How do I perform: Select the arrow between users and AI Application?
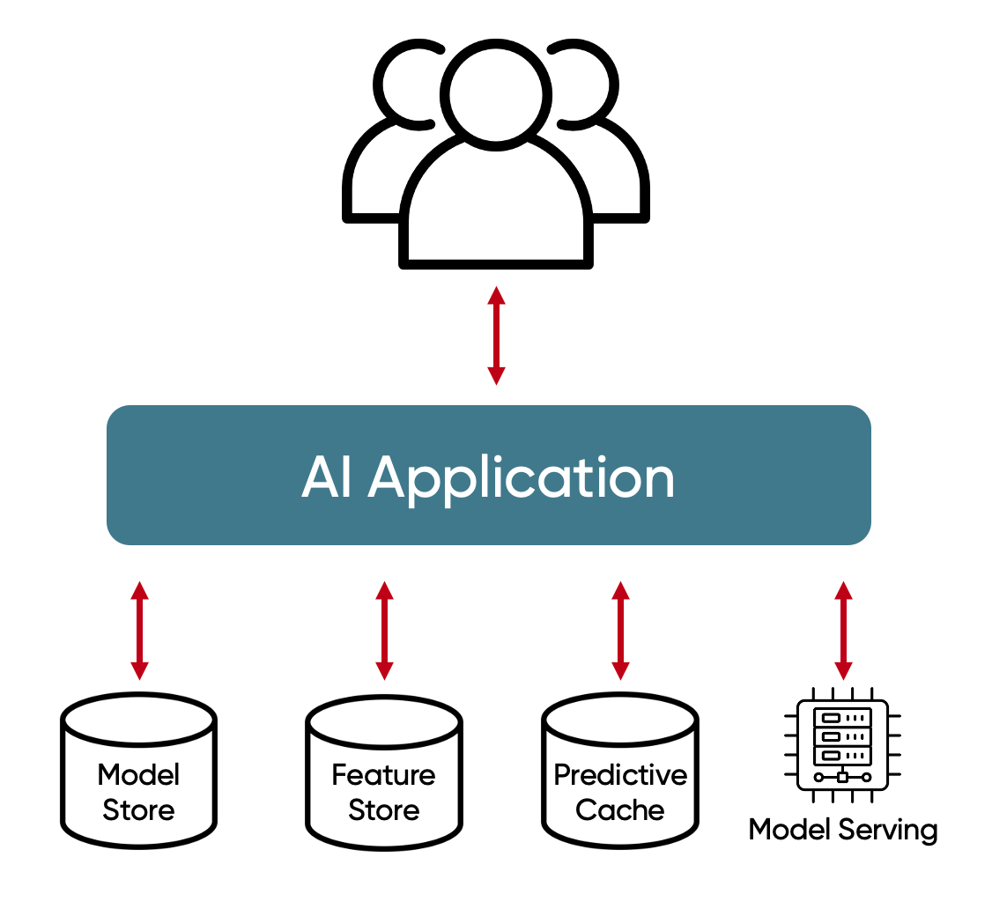(496, 335)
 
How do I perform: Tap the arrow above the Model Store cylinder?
(139, 630)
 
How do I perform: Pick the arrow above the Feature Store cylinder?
(384, 630)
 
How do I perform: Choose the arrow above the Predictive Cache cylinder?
(620, 630)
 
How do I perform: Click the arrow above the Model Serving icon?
(843, 630)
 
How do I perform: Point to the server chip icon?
(842, 744)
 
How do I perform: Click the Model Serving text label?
(842, 830)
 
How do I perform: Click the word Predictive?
(620, 775)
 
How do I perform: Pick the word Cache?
(620, 809)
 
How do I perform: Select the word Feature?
(384, 775)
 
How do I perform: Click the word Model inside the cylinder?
(139, 775)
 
